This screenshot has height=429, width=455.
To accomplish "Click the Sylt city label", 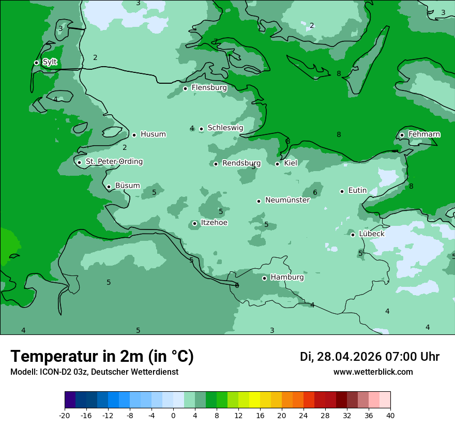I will pos(50,62).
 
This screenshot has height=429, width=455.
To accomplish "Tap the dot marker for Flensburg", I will pos(185,88).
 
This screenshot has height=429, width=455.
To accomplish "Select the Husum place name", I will pos(153,134).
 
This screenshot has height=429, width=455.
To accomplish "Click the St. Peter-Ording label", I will pos(114,162).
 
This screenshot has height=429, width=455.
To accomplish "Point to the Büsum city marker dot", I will pos(109,187).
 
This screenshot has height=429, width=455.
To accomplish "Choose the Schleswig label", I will pos(225,128).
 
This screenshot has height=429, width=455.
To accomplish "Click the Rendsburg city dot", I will pos(216,164).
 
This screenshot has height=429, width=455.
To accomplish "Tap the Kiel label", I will pos(291,163).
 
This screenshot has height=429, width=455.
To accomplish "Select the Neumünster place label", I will pos(287,200).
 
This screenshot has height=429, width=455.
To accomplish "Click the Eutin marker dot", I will pos(342,191).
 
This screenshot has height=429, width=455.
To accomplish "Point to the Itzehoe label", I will pos(214,223).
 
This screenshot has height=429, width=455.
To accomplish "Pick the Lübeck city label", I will pos(371,234).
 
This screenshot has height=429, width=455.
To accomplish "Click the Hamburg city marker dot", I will pos(264,278).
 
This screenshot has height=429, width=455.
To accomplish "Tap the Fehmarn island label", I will pos(424,134).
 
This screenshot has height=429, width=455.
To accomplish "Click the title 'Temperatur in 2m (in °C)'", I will pos(102,357).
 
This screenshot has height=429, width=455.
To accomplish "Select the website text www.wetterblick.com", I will pos(373,372).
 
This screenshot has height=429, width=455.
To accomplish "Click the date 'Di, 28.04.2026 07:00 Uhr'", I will pos(369,357).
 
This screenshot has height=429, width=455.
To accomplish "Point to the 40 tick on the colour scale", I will pos(390,416).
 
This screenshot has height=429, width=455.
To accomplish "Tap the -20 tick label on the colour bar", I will pos(65,416).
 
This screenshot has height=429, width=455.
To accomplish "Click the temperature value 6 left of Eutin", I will pos(314,193).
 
